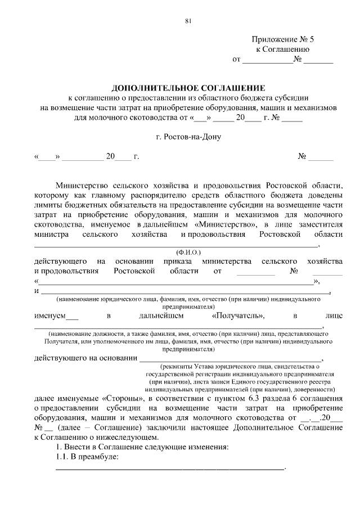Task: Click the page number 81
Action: click(x=188, y=21)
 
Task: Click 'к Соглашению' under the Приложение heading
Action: click(x=283, y=49)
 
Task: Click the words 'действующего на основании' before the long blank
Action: click(x=85, y=359)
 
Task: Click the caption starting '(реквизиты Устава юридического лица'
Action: click(x=232, y=367)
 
